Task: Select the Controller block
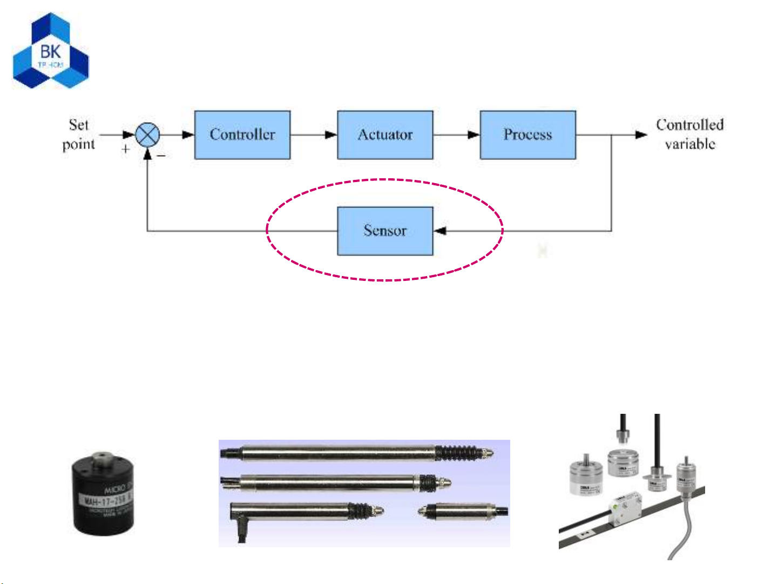(x=242, y=135)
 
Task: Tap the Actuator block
(x=385, y=135)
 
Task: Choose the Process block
(x=527, y=135)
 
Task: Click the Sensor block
(x=385, y=231)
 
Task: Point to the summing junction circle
(x=147, y=135)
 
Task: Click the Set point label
(x=79, y=135)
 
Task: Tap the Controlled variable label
(x=689, y=134)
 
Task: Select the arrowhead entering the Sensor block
(x=440, y=231)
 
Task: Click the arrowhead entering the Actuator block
(x=331, y=135)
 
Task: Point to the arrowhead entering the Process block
(x=473, y=135)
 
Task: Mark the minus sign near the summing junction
(x=161, y=156)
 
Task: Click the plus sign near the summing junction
(x=126, y=149)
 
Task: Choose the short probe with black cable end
(x=464, y=510)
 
